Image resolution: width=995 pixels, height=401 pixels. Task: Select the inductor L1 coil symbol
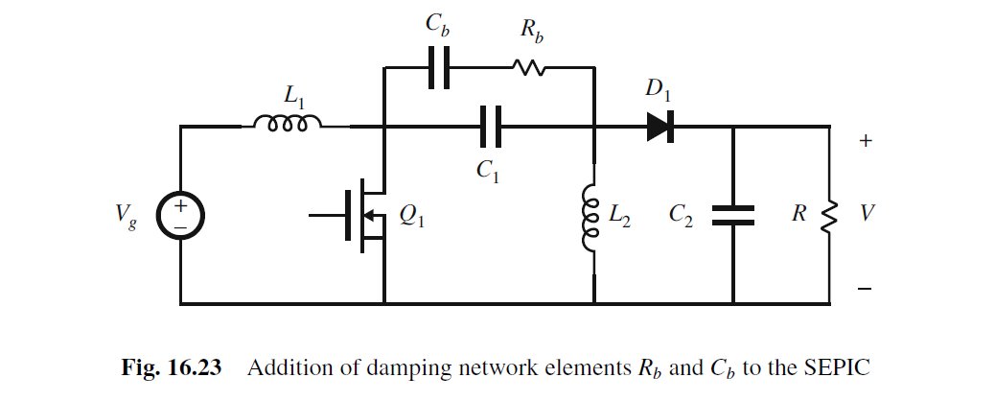coord(287,125)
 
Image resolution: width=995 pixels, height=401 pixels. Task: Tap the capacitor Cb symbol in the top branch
coord(438,68)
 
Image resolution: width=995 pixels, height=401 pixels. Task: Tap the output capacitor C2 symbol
coord(733,216)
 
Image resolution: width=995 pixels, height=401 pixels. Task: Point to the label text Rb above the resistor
coord(531,31)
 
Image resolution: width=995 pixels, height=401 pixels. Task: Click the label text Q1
coord(412,220)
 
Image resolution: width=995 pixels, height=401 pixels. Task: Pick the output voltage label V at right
coord(867,214)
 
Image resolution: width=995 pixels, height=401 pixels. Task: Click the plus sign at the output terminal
coord(866,141)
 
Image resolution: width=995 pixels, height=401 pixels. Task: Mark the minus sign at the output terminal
coord(866,287)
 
